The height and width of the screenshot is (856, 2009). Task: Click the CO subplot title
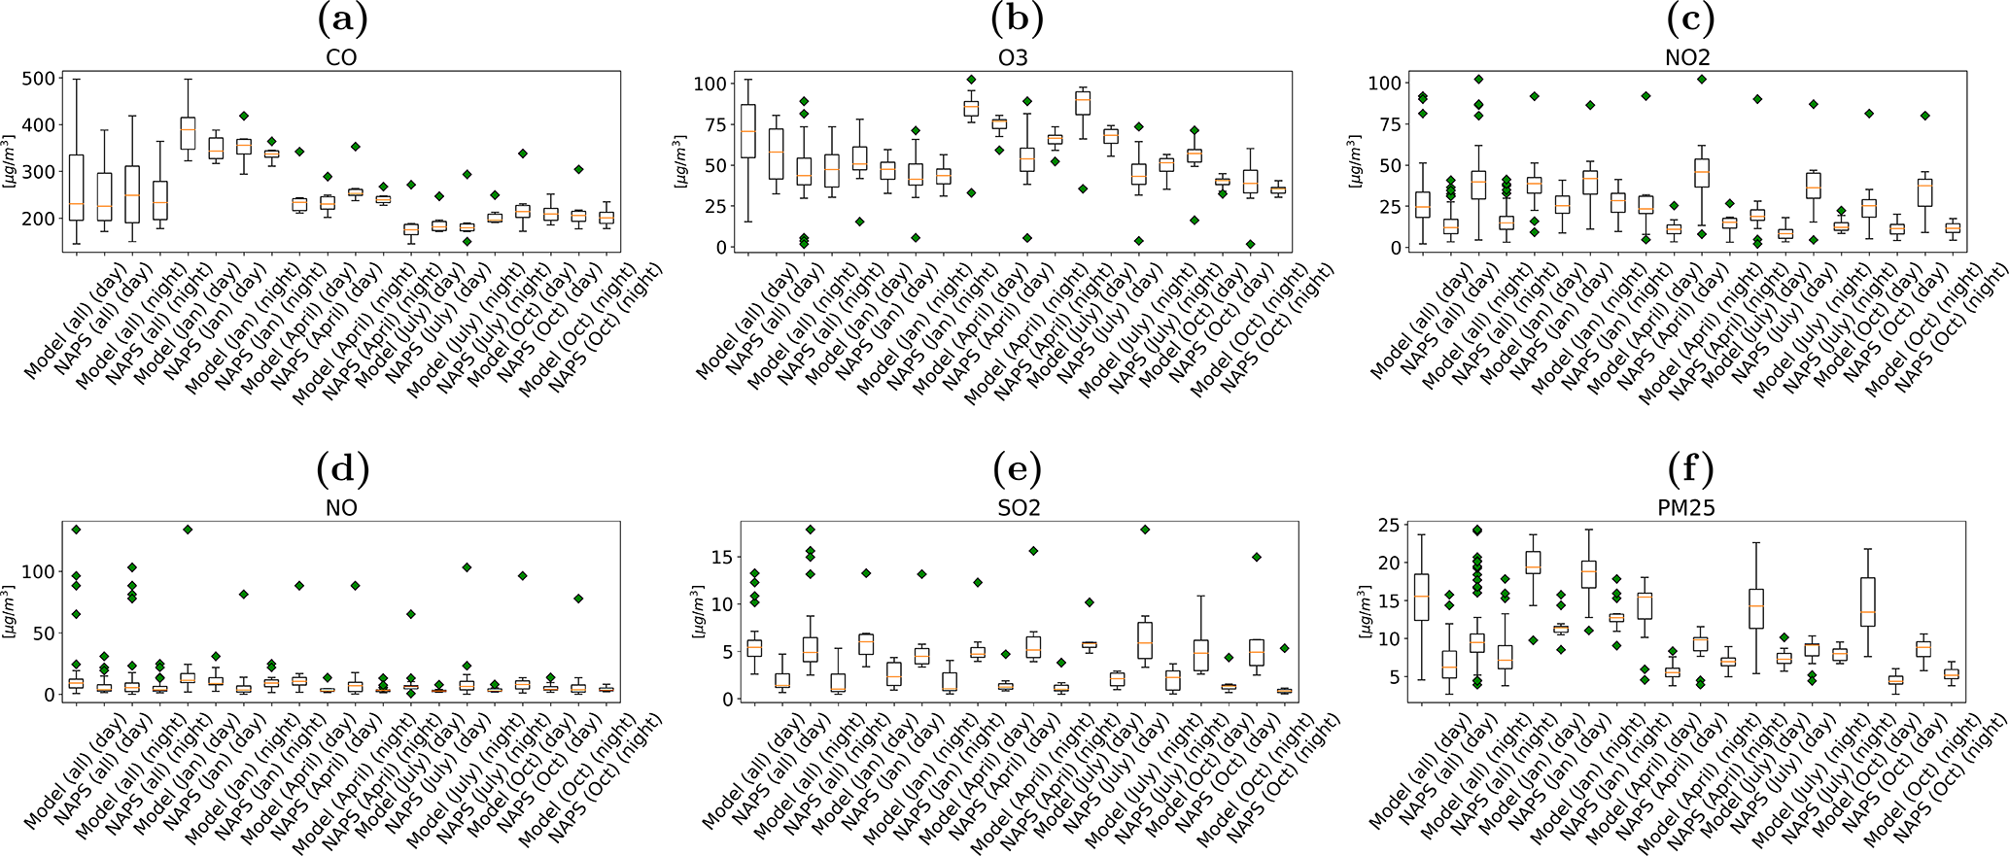tap(341, 58)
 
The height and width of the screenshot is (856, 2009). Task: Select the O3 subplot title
tap(1015, 58)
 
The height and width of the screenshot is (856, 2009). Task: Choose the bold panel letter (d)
tap(341, 470)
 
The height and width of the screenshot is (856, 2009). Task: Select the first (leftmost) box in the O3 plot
tap(748, 130)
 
